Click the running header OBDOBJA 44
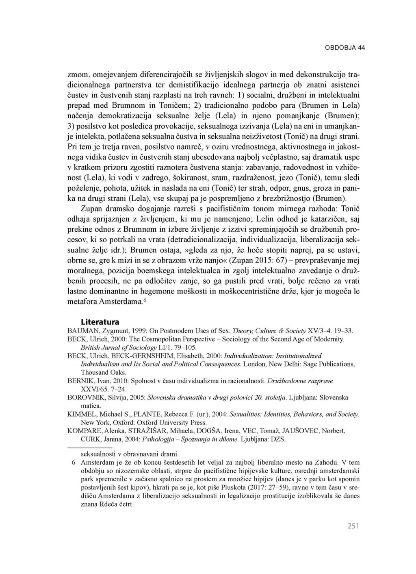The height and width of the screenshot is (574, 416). [x=345, y=48]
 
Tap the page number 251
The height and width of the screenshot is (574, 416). [x=353, y=526]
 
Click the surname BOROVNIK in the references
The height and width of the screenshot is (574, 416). [x=84, y=398]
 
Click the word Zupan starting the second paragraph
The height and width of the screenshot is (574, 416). [x=91, y=209]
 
